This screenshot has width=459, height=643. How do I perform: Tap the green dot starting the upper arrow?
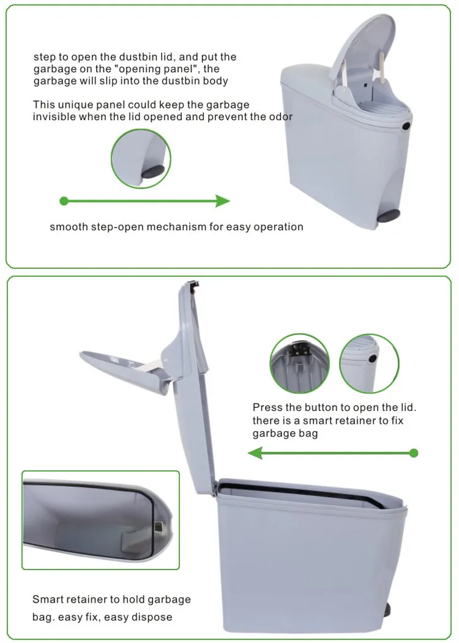pyautogui.click(x=64, y=201)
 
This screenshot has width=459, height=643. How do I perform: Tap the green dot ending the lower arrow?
pyautogui.click(x=414, y=453)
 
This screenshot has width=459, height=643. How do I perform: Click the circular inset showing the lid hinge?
pyautogui.click(x=299, y=363)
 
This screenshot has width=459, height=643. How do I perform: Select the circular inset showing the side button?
pyautogui.click(x=369, y=363)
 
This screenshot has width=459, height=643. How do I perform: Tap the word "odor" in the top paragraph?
pyautogui.click(x=282, y=117)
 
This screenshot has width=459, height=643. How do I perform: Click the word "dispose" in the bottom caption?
pyautogui.click(x=154, y=617)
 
